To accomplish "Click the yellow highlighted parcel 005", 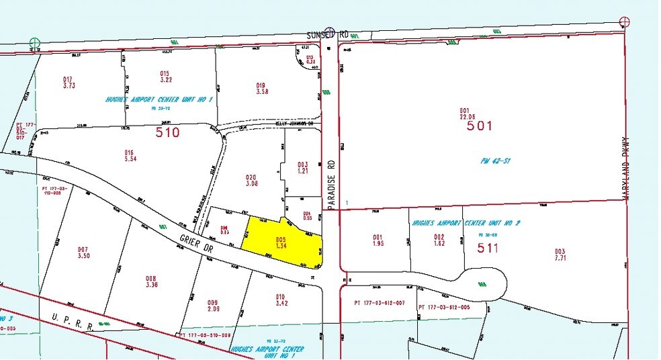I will click(x=282, y=242).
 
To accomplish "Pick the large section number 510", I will click(x=167, y=132).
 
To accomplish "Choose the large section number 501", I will click(x=480, y=125).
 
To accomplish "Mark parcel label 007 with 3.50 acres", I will click(x=83, y=252).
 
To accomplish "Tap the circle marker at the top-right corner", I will click(x=625, y=21).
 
